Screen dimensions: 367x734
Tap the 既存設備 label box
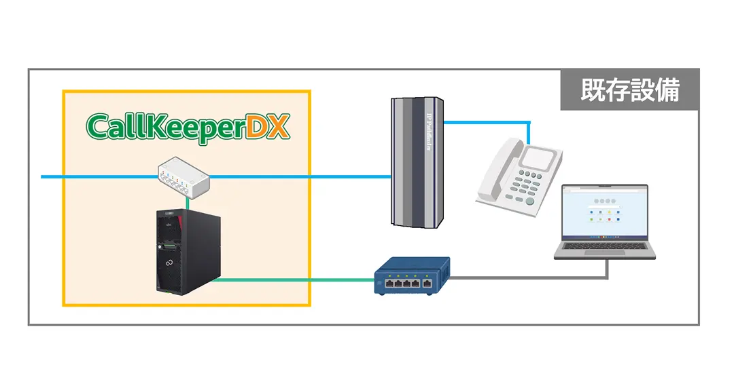point(629,90)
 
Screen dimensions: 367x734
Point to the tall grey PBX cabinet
point(417,161)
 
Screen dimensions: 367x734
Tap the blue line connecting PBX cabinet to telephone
point(489,123)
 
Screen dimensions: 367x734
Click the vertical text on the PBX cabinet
point(429,133)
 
